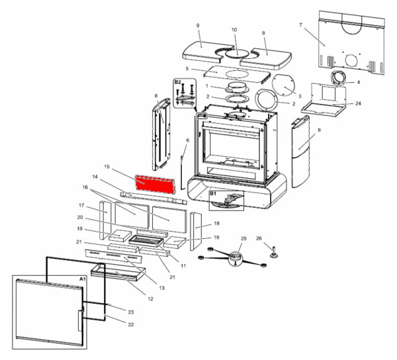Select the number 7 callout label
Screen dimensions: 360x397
(x=300, y=25)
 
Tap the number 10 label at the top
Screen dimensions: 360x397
(x=234, y=30)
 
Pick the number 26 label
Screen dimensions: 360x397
(x=259, y=238)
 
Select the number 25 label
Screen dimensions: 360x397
(x=243, y=238)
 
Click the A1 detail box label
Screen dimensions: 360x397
(x=83, y=279)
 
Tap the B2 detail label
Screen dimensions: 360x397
(x=177, y=82)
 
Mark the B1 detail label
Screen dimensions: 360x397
(x=214, y=195)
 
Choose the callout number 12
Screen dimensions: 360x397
(x=150, y=299)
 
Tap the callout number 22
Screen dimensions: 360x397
(x=130, y=324)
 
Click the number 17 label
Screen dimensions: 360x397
(x=82, y=205)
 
